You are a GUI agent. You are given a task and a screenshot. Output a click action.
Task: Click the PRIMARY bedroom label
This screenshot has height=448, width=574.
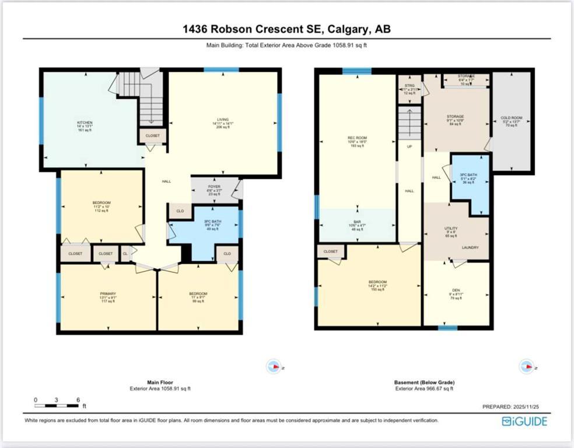[x=108, y=293]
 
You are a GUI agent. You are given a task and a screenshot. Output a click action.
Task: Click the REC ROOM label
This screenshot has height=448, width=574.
[x=357, y=138]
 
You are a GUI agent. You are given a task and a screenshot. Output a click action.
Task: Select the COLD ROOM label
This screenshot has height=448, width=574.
[x=511, y=118]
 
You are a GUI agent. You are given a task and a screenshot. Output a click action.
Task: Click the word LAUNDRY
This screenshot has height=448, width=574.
[x=470, y=247]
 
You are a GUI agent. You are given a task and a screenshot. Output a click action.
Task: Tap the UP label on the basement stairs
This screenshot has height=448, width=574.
[x=409, y=146]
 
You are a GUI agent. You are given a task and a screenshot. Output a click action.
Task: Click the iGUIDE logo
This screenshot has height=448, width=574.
[x=524, y=421]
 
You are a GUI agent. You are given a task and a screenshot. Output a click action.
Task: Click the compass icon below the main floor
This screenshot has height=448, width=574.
[x=273, y=366]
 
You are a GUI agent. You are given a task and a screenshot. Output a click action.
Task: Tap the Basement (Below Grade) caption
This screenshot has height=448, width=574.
[x=423, y=383]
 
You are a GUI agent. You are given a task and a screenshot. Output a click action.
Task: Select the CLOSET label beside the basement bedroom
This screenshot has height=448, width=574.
[x=331, y=251]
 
